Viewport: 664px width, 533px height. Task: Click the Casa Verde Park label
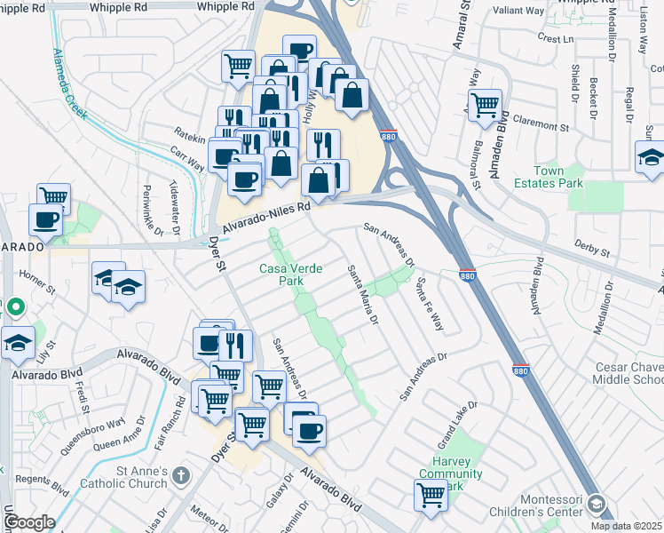(x=289, y=274)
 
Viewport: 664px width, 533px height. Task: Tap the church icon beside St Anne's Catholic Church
(x=182, y=476)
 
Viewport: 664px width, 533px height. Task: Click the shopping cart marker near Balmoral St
(x=485, y=106)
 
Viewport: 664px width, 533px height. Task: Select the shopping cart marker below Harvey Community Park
(x=431, y=496)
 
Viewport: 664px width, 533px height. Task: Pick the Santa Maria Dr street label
(x=363, y=294)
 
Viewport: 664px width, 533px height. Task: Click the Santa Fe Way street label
(x=430, y=304)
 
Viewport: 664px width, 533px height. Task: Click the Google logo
(x=29, y=522)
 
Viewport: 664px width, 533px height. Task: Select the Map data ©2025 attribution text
(x=627, y=526)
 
